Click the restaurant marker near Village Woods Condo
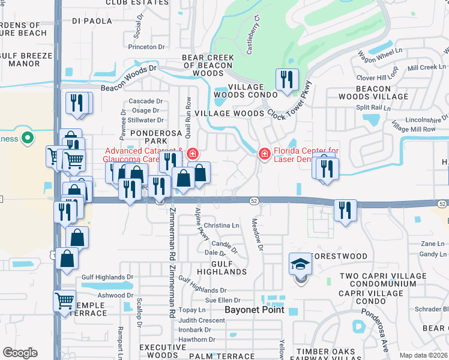(286, 80)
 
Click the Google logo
(20, 353)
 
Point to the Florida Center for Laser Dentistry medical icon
(264, 154)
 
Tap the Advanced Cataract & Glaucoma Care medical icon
(191, 154)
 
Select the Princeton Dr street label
(146, 47)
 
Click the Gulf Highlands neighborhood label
(221, 268)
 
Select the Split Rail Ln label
(373, 108)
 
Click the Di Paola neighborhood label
(92, 20)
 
